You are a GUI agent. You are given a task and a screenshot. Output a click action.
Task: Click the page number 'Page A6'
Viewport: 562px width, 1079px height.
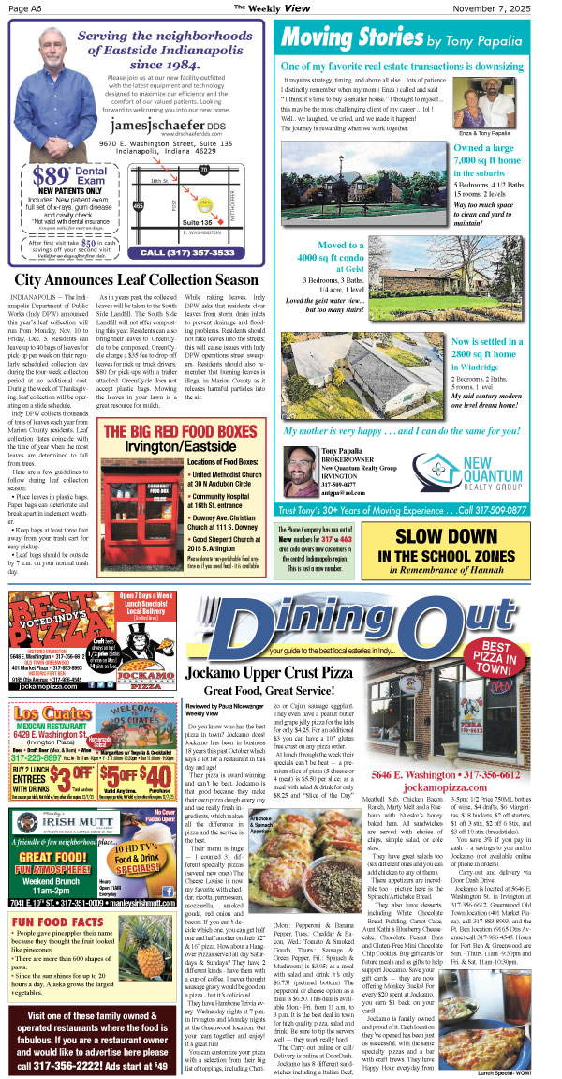coord(24,7)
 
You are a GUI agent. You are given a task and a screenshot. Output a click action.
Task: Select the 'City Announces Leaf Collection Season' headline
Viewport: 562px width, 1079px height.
coord(136,280)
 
